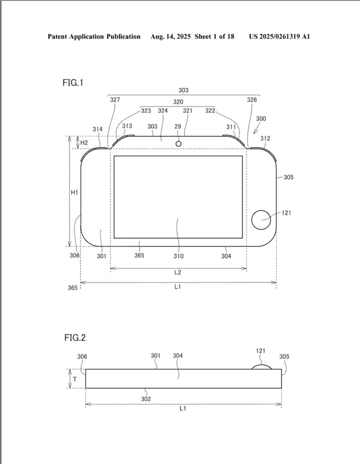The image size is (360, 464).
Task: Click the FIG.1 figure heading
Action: [73, 82]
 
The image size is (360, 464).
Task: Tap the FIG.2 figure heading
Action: [75, 338]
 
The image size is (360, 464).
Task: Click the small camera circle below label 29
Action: [179, 144]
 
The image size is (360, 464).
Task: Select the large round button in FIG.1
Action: [261, 220]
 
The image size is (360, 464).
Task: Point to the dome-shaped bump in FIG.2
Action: [262, 367]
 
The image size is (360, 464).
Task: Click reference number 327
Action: [115, 100]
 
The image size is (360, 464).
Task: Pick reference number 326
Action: [252, 100]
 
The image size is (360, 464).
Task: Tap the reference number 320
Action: [178, 102]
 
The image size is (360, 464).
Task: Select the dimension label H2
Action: [84, 143]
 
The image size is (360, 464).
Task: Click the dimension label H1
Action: [74, 192]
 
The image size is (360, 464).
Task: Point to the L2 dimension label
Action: [178, 272]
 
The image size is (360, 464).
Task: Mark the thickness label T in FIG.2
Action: [75, 379]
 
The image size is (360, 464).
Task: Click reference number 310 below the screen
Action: [179, 256]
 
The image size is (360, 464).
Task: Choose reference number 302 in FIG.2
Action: [146, 399]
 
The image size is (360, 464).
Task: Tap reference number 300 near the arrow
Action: [261, 119]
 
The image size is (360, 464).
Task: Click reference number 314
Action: [97, 129]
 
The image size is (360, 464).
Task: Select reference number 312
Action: [265, 138]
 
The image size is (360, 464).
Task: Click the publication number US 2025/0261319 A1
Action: [279, 36]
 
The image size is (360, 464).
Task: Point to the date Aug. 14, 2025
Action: [170, 36]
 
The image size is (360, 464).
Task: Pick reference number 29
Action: [178, 126]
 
